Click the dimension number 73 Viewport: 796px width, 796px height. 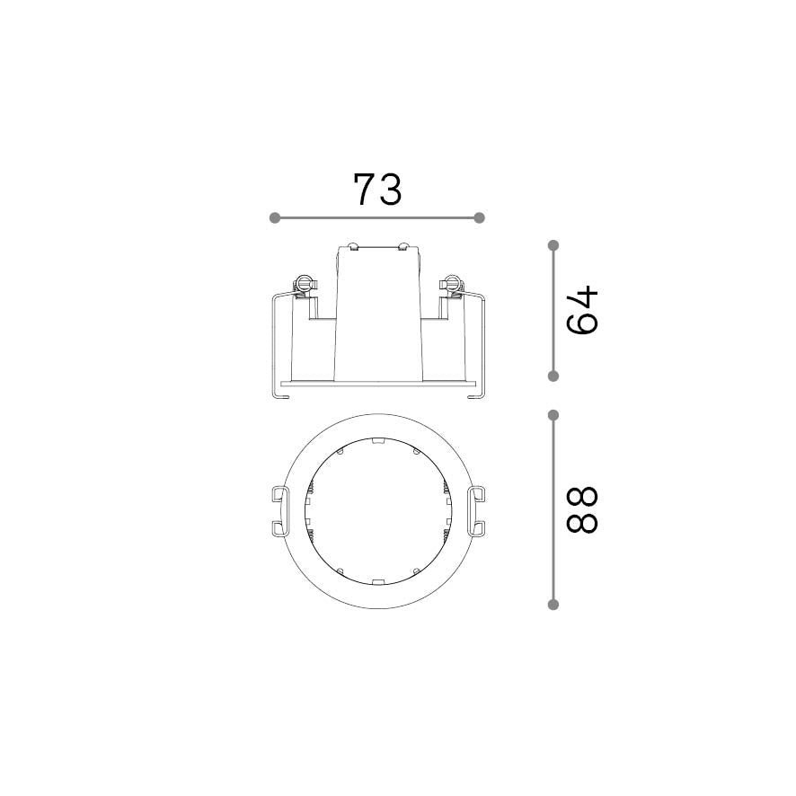click(x=377, y=190)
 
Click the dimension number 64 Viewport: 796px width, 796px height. click(x=582, y=311)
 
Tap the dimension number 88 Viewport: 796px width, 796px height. click(x=582, y=509)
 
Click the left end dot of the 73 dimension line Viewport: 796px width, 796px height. click(x=275, y=217)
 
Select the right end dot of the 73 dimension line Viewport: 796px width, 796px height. click(x=479, y=217)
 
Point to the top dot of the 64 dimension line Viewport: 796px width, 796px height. click(x=553, y=245)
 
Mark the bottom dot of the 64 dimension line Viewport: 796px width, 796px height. click(x=553, y=376)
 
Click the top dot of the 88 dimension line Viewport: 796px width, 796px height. click(x=553, y=415)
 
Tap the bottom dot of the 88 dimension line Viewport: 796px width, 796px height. click(x=553, y=604)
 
